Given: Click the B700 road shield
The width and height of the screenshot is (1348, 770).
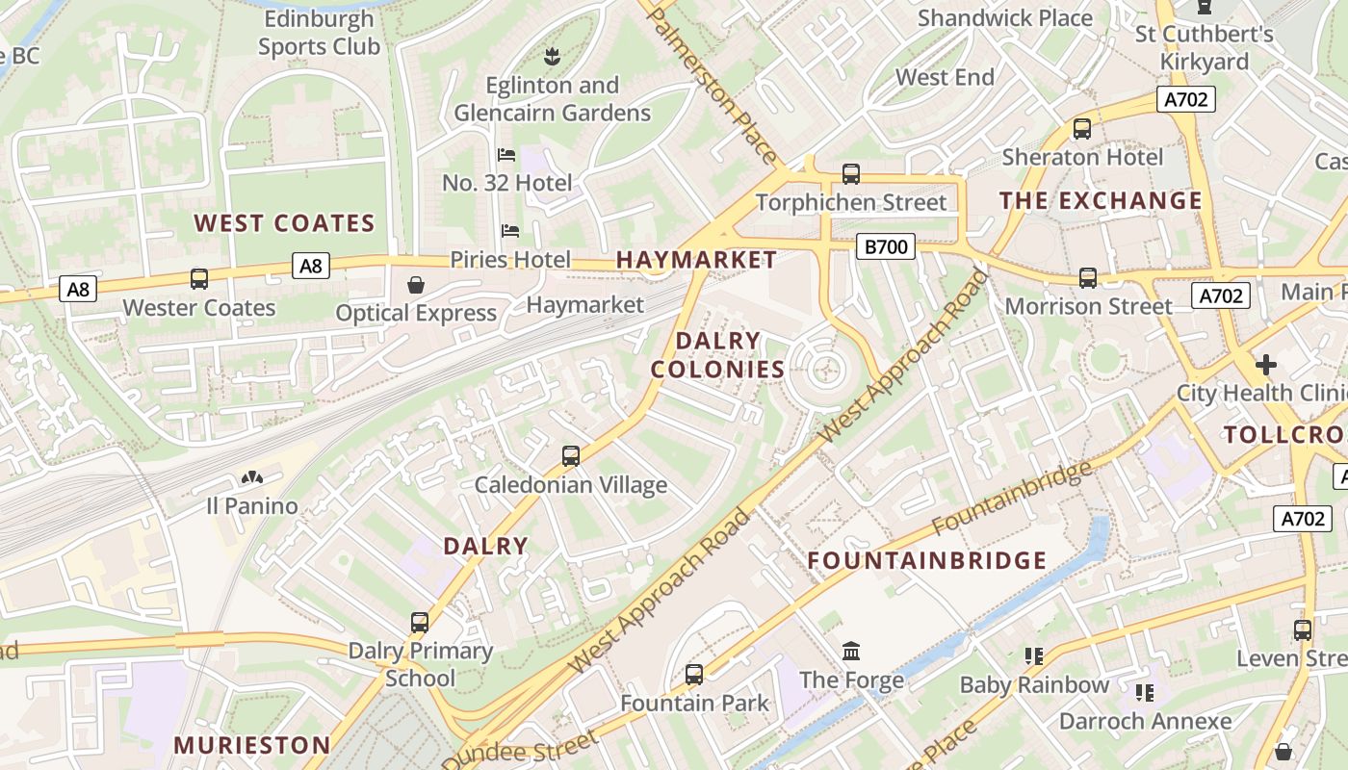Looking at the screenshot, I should click(885, 247).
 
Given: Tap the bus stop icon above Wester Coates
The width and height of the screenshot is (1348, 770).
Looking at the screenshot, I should click(199, 279).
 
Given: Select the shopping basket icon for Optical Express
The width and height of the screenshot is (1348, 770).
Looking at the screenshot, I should click(416, 285).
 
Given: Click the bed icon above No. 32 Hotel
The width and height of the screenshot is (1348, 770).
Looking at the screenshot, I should click(506, 155).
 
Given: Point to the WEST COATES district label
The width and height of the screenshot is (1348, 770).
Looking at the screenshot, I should click(284, 223).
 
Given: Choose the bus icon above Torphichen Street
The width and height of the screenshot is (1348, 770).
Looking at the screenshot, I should click(850, 174).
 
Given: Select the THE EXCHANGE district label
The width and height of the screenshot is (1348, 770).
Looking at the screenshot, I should click(1100, 201).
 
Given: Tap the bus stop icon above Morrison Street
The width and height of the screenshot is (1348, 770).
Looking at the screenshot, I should click(1088, 278).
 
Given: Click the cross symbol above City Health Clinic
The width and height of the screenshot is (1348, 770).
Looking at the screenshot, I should click(1265, 365).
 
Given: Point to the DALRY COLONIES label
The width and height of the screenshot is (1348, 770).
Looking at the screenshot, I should click(717, 355).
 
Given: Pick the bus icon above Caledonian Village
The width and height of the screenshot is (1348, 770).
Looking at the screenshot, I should click(571, 456).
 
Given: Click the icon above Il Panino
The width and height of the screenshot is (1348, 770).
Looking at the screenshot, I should click(252, 477).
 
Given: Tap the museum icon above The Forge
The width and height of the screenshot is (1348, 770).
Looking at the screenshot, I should click(851, 652).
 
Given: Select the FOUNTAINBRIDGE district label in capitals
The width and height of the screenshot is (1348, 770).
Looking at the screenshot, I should click(926, 560).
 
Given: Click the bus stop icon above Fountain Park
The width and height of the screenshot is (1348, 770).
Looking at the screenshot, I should click(694, 675).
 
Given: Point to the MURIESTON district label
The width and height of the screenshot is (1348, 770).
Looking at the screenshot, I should click(252, 745).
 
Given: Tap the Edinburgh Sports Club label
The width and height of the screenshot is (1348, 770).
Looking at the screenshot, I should click(319, 33).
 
